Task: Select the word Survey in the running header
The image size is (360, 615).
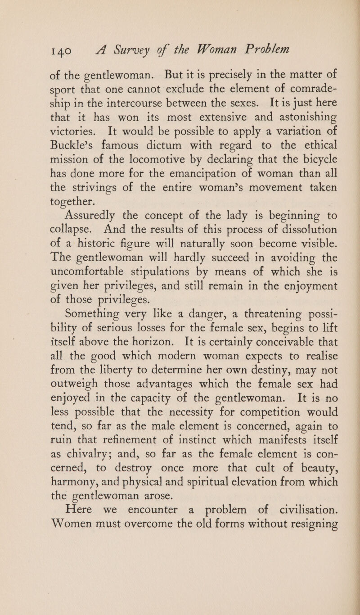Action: click(x=136, y=49)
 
